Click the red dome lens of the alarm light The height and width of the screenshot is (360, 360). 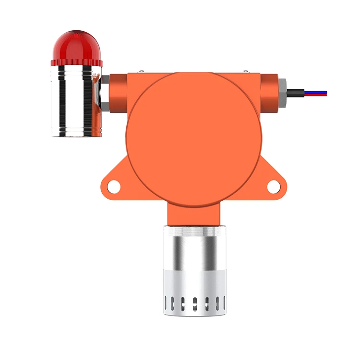pyautogui.click(x=76, y=44)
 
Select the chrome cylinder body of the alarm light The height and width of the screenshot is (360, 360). pyautogui.click(x=76, y=101)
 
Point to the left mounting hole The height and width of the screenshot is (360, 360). pyautogui.click(x=113, y=186)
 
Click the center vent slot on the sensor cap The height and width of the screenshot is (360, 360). pyautogui.click(x=195, y=303)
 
